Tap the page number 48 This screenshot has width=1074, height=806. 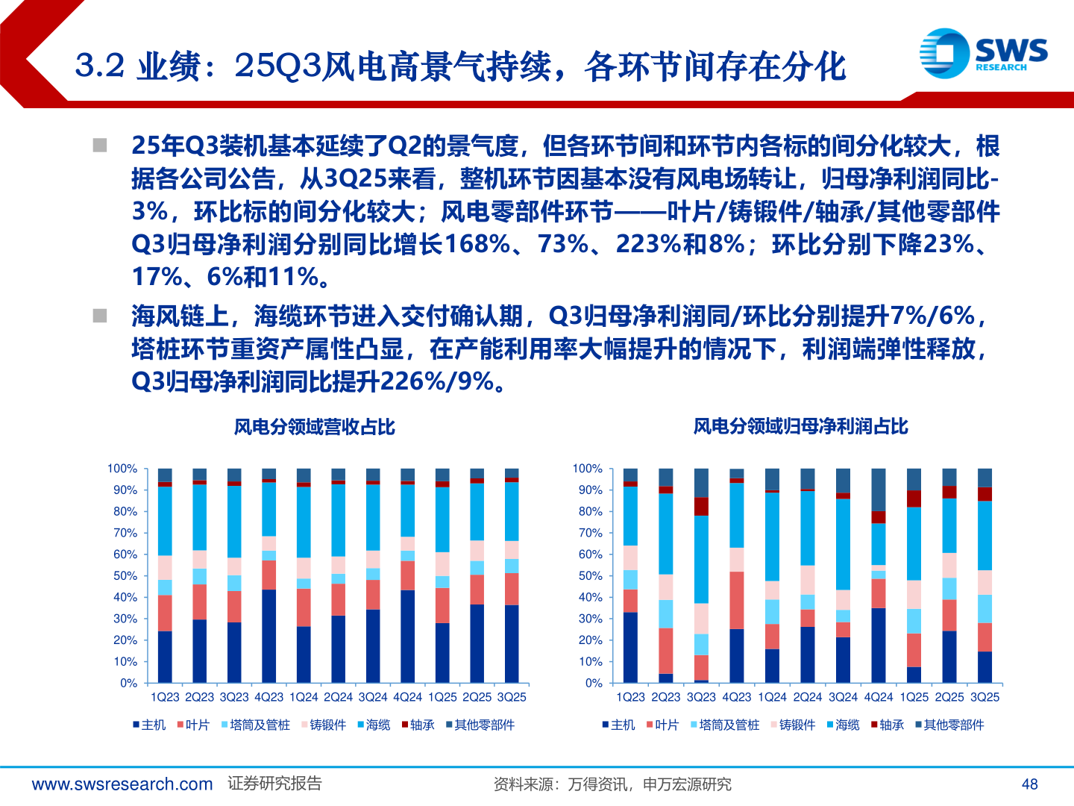[x=1029, y=784]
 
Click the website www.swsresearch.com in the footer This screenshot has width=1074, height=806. [x=122, y=784]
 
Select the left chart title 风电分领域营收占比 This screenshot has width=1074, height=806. [x=314, y=427]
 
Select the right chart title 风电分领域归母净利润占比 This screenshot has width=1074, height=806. [x=800, y=426]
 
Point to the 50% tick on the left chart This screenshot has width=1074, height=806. [x=125, y=576]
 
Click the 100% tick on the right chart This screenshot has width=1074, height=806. [x=587, y=469]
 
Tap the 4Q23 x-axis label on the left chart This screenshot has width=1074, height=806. [x=268, y=697]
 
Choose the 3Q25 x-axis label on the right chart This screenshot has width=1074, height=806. [x=984, y=697]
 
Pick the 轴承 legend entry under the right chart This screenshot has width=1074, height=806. [x=887, y=725]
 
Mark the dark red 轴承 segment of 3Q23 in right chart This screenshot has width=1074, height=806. [x=701, y=507]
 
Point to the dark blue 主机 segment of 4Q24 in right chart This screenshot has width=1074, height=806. [x=879, y=646]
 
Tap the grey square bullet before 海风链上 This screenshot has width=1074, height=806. [x=100, y=316]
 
